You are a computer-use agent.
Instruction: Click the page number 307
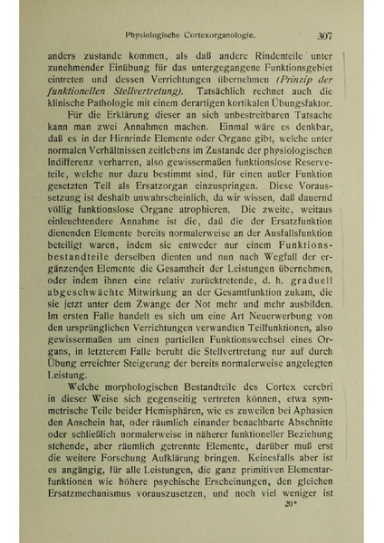coord(327,36)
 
